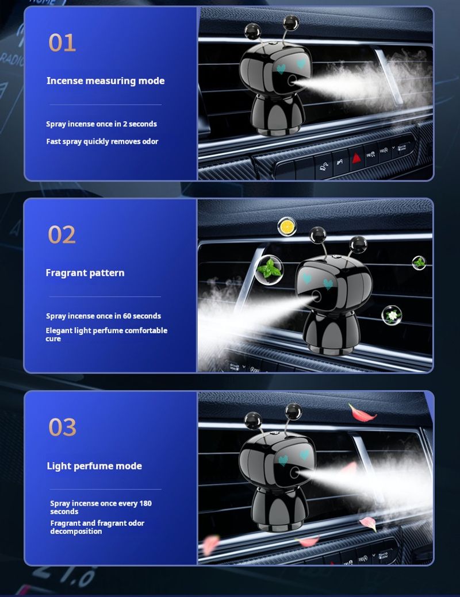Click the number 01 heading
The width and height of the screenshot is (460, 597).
[62, 43]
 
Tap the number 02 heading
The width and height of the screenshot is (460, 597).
[62, 234]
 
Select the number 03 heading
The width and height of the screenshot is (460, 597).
[62, 427]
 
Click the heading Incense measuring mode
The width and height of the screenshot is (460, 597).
[106, 80]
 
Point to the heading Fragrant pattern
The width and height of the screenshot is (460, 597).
[85, 273]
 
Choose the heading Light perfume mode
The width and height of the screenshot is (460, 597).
[94, 466]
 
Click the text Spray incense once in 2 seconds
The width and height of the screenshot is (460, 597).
[101, 124]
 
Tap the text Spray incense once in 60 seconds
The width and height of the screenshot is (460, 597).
[103, 316]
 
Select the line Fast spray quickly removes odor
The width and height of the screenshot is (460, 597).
[102, 141]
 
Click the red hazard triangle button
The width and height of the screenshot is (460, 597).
[356, 158]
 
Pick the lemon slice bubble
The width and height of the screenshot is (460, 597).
[286, 226]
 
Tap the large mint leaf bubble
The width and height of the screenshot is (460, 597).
[269, 269]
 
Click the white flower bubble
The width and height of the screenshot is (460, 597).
[392, 315]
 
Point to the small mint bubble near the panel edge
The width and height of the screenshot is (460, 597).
[419, 263]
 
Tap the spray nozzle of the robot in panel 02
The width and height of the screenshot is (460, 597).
[316, 296]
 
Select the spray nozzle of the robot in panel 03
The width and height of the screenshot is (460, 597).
[294, 472]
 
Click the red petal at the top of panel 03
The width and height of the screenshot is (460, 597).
[361, 413]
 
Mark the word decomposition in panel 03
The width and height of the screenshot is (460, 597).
[76, 531]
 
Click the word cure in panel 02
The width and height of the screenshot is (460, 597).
[53, 339]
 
